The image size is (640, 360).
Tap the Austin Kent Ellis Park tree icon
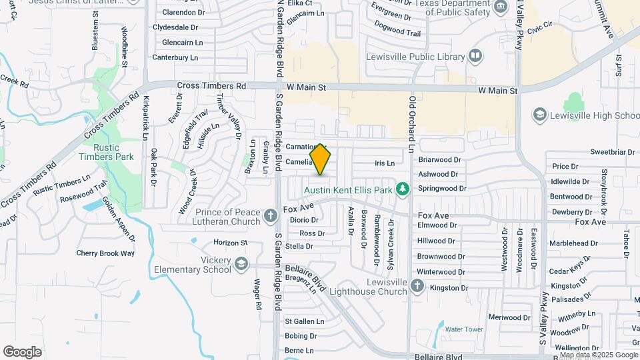point(402,190)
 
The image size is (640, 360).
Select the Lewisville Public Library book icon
point(475,56)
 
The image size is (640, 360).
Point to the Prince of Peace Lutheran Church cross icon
point(270,215)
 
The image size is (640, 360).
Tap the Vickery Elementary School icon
point(240,265)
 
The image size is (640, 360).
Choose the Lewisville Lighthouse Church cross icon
point(417,286)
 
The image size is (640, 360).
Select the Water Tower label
point(463,329)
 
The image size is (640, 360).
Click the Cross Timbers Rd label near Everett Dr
point(212,86)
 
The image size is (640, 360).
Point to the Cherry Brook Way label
point(105,253)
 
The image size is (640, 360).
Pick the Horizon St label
point(230,243)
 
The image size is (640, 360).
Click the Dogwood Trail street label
point(398,33)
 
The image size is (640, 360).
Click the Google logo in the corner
point(22,351)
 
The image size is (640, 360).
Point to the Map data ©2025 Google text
point(599,355)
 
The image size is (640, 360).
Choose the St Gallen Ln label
point(304,321)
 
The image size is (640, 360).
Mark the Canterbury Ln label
point(175,57)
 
